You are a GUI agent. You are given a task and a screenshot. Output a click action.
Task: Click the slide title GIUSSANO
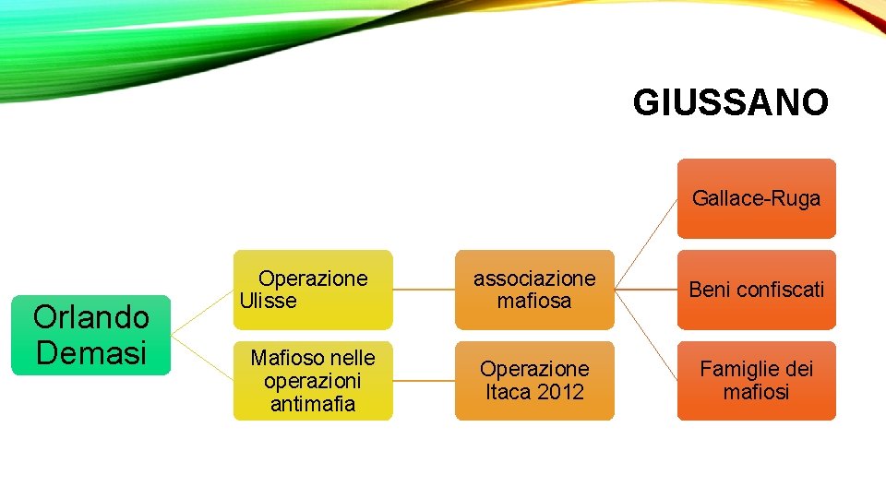point(730,102)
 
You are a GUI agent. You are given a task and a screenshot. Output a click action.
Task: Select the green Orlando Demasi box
point(90,335)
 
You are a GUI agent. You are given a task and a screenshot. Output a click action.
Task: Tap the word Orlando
point(90,317)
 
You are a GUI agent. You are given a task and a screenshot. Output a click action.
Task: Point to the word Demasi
point(90,352)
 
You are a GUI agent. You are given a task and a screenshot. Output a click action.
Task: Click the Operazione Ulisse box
point(312,290)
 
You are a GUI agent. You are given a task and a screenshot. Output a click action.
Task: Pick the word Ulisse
point(268,301)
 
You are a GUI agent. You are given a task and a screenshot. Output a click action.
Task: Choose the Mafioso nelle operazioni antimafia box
point(312,380)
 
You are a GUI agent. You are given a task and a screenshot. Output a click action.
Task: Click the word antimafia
point(312,403)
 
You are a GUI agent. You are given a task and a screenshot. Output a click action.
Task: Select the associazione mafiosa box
point(533,290)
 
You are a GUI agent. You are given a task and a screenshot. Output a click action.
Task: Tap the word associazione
point(534,279)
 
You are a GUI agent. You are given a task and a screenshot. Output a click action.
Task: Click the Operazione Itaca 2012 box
point(533,380)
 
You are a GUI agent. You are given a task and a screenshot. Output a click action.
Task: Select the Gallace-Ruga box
point(756,198)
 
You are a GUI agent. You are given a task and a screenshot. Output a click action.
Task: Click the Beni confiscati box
point(756,290)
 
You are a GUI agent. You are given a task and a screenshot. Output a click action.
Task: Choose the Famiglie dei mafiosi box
point(756,380)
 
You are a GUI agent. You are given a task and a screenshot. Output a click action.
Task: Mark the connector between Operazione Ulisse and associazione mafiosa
point(424,290)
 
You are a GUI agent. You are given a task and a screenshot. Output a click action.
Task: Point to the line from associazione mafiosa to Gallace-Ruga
point(646,243)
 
